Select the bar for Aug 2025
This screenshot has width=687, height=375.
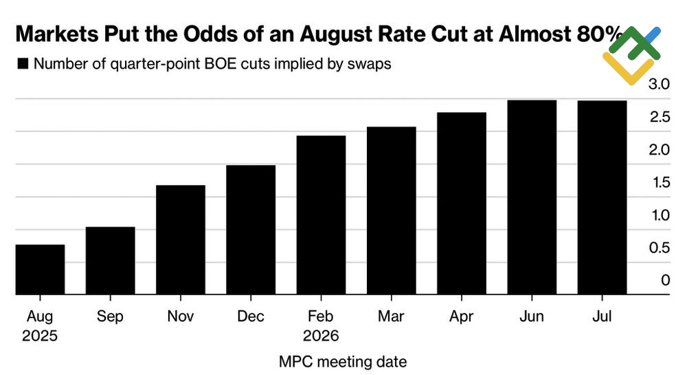click(40, 270)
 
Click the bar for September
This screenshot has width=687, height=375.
click(110, 261)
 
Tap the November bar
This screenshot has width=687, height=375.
click(181, 240)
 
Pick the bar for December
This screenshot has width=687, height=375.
click(251, 230)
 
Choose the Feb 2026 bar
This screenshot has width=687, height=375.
click(321, 215)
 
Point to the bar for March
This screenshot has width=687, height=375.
click(391, 211)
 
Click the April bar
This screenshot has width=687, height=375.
click(462, 204)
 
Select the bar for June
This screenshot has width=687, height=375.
click(532, 197)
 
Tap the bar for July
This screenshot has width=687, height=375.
click(602, 197)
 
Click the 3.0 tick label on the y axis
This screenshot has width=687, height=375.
click(660, 84)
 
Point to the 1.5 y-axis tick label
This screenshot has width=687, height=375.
click(660, 182)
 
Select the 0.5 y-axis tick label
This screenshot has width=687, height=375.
click(660, 248)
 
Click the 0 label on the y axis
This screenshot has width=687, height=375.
click(665, 280)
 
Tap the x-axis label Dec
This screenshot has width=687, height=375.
click(251, 317)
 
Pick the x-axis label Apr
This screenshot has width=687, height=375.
click(462, 317)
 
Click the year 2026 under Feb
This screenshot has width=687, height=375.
click(321, 336)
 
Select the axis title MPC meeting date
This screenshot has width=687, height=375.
click(343, 361)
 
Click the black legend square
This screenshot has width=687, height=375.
click(23, 64)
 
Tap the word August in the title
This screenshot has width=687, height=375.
click(313, 34)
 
